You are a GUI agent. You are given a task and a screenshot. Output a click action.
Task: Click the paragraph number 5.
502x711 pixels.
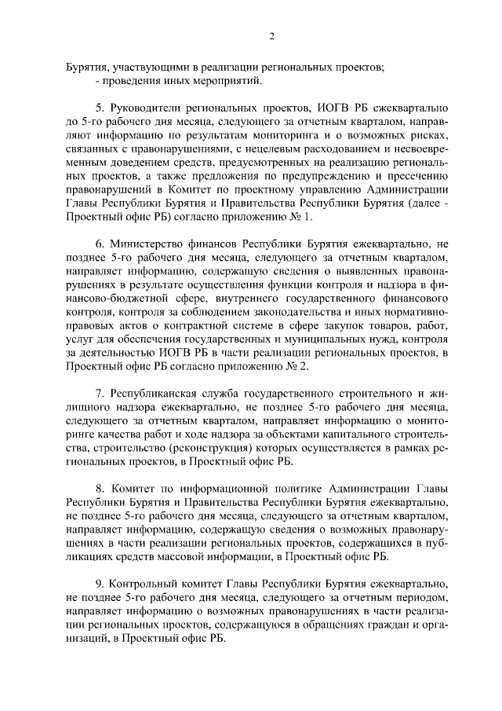click(x=99, y=108)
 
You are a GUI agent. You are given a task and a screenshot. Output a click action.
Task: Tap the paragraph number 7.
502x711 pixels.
click(x=99, y=392)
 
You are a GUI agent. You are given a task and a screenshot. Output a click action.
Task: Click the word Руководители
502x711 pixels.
click(x=149, y=108)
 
